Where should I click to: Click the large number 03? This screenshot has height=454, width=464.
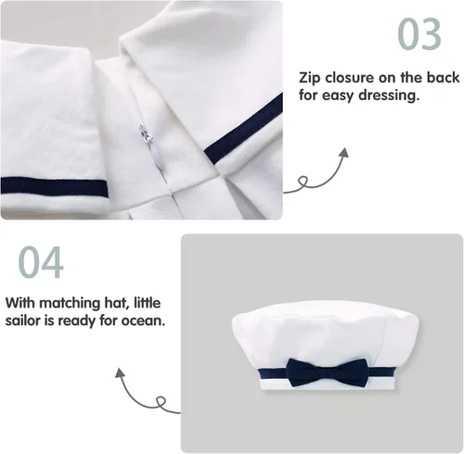click(x=419, y=33)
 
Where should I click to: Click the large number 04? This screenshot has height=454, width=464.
click(x=41, y=262)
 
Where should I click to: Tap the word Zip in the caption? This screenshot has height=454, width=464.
click(x=309, y=78)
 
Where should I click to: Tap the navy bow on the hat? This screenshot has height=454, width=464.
click(x=328, y=372)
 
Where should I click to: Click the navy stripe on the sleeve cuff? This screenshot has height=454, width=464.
click(x=54, y=187)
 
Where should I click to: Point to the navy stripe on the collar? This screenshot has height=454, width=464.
click(x=243, y=128)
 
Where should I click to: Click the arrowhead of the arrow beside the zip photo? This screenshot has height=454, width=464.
click(x=343, y=153)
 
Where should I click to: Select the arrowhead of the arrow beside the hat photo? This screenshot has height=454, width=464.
click(x=120, y=372)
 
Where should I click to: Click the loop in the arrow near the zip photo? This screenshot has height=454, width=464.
click(x=303, y=181)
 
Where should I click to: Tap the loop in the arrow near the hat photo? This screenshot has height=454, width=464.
click(x=161, y=402)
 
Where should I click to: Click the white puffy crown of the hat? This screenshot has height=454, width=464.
click(x=326, y=334)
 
